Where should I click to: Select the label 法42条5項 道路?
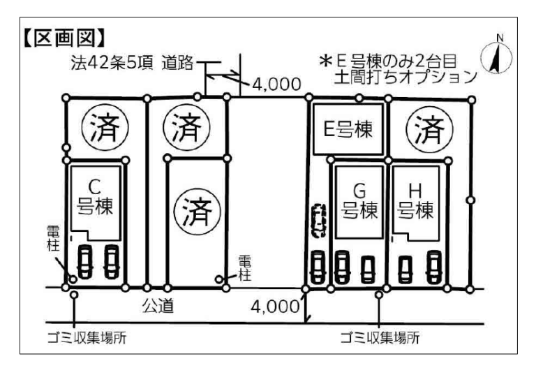tap(128, 66)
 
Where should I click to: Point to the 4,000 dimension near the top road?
tap(276, 84)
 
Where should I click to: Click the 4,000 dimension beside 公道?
tap(277, 307)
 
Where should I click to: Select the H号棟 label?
tap(415, 202)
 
